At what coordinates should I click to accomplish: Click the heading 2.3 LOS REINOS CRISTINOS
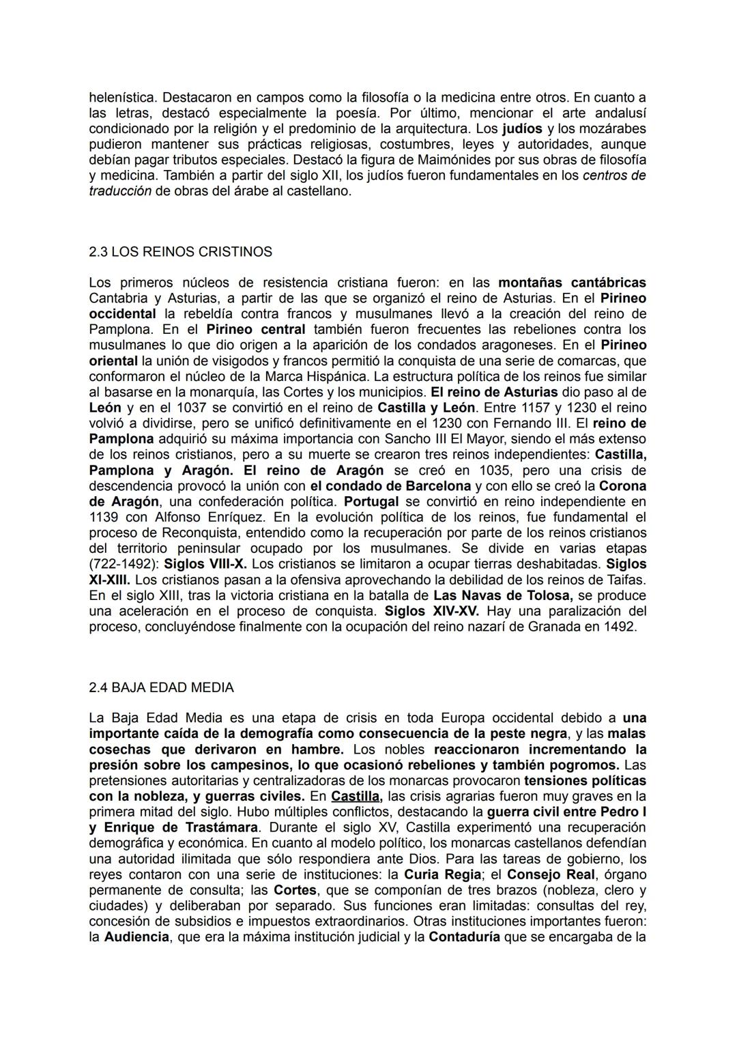(180, 252)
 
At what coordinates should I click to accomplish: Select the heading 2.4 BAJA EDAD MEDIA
(161, 687)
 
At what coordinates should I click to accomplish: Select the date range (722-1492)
(124, 564)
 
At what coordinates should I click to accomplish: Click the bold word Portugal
(371, 502)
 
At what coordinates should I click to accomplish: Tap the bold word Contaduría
(464, 937)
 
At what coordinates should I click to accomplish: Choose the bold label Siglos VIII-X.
(206, 564)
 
